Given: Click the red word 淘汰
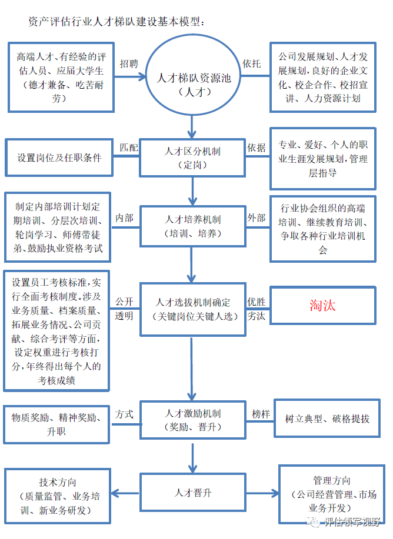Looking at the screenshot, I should click(322, 305).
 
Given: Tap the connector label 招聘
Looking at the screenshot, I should click(129, 63).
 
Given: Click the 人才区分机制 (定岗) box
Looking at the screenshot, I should click(192, 158).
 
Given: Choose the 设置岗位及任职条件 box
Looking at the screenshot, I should click(59, 158).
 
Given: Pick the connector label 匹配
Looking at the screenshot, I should click(129, 147).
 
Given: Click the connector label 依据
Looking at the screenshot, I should click(256, 148).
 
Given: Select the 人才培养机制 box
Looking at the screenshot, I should click(192, 226).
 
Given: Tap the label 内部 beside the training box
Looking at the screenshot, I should click(124, 218).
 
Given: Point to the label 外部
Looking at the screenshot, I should click(256, 218).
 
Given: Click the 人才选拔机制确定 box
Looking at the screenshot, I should click(192, 310).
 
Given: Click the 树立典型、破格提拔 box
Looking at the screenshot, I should click(327, 419).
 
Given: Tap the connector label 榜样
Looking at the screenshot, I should click(261, 414).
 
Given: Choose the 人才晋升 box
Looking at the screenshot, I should click(192, 493).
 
